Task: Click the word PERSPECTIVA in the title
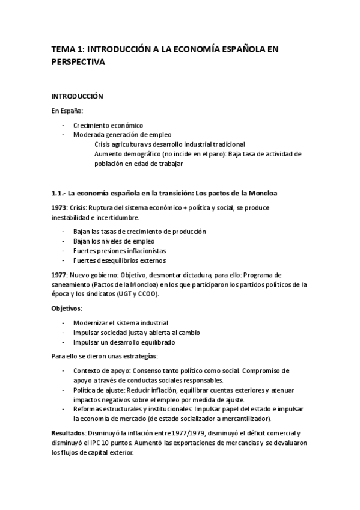pos(78,62)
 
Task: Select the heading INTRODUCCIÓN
pos(77,96)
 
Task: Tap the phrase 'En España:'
pos(67,111)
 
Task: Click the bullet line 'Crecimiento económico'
pos(108,125)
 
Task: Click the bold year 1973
pos(59,207)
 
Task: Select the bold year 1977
pos(59,275)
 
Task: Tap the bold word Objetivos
pos(66,309)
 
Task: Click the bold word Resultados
pos(69,433)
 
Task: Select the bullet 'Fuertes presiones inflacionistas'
pos(120,250)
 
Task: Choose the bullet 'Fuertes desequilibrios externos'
pos(120,260)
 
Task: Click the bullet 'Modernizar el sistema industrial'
pos(121,323)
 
